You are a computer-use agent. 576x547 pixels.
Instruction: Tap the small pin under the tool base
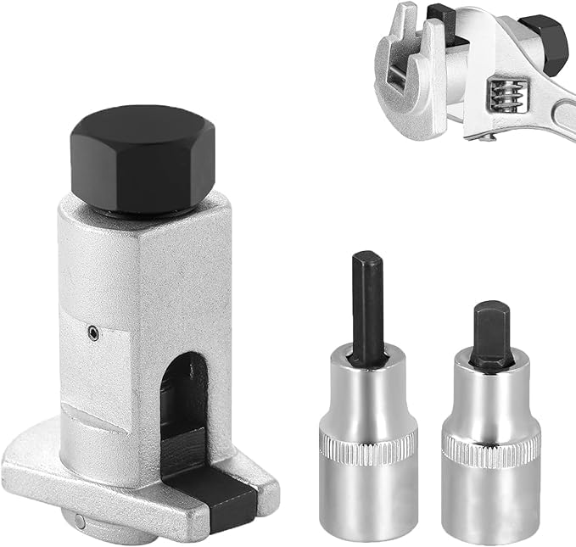pos(78,521)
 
